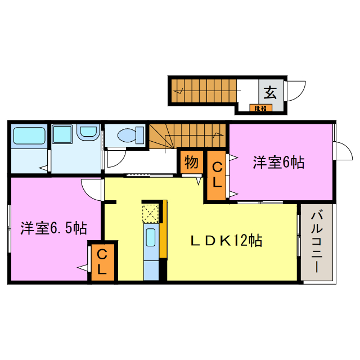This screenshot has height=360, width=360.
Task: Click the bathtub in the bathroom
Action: pos(29,136)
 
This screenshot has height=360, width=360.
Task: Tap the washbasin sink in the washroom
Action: pos(88,133)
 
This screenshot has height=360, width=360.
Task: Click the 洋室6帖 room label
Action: pos(278,163)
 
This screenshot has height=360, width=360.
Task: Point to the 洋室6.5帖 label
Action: pos(53,228)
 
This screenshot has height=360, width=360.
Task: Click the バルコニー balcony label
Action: pos(316,241)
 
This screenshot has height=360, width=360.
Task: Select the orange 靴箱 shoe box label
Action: pos(260,107)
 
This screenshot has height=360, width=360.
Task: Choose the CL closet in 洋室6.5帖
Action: pos(102,262)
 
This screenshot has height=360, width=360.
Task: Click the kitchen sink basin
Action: pos(151,237)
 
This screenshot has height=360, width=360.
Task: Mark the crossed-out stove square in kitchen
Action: pos(151,213)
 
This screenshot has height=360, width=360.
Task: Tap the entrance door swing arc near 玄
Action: pos(297,90)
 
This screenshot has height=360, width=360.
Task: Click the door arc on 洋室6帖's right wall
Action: pos(342,151)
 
